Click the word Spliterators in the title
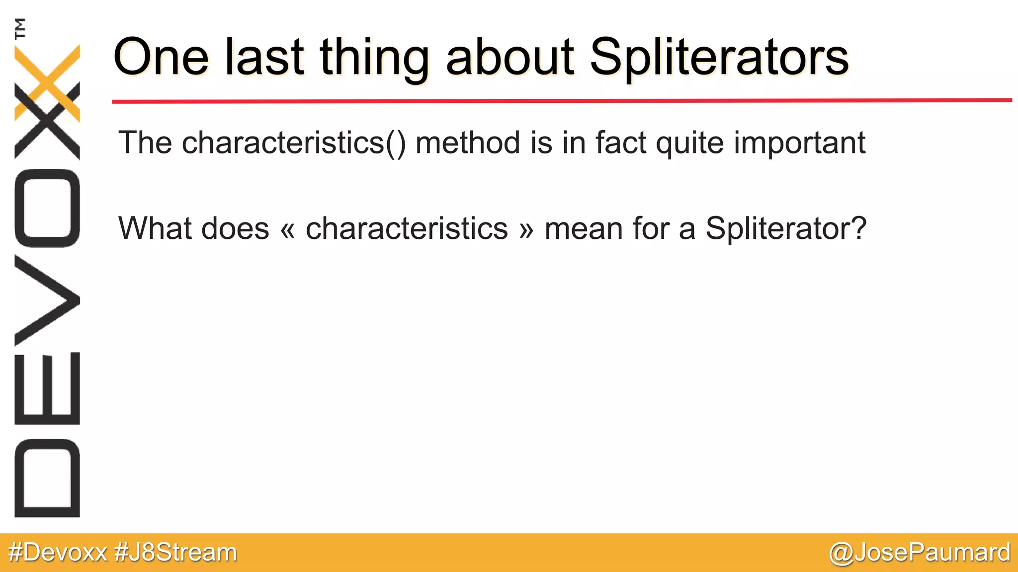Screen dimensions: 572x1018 (x=719, y=58)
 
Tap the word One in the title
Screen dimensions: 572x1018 (x=161, y=58)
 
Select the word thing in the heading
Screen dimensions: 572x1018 (x=374, y=58)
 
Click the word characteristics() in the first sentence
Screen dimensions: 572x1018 (x=294, y=143)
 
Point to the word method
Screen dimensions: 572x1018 (x=468, y=143)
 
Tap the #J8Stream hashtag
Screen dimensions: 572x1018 (x=175, y=553)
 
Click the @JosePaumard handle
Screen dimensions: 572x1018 (x=919, y=553)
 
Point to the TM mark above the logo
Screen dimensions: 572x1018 (x=20, y=28)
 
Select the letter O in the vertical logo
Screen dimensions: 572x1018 (x=47, y=208)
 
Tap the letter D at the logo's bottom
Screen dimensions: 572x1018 (x=47, y=478)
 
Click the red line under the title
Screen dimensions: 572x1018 (x=562, y=101)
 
